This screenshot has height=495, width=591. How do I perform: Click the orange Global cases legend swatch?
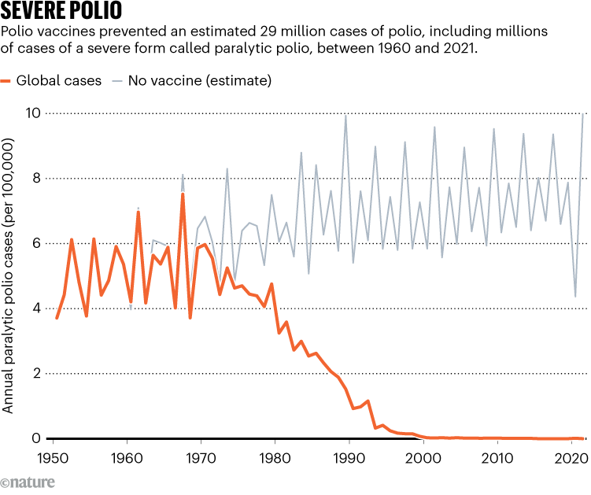click(7, 81)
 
